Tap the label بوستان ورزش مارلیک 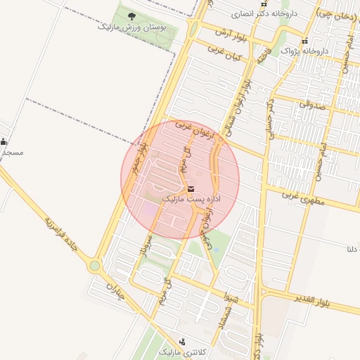[x=133, y=29]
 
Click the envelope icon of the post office [x=191, y=188]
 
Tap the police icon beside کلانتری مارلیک [x=183, y=341]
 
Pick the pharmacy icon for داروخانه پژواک [x=305, y=41]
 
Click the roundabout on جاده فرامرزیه [x=94, y=266]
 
